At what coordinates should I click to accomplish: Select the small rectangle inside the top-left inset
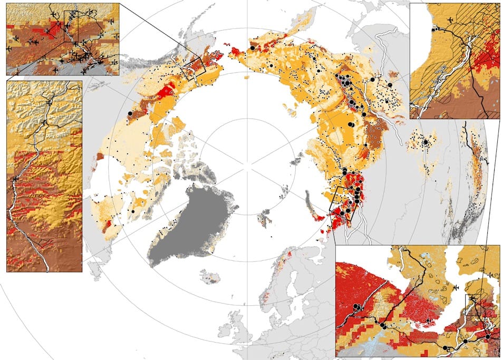71,24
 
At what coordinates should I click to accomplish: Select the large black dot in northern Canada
133,211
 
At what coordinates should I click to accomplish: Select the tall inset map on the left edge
44,176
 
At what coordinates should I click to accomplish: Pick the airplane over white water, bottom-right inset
457,285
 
